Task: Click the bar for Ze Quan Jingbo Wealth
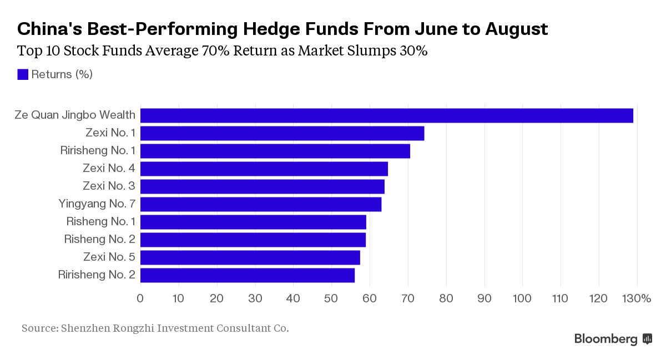point(386,115)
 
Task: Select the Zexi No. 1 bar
point(282,133)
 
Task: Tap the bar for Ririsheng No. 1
point(275,151)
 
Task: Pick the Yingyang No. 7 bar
point(260,204)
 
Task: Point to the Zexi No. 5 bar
point(250,257)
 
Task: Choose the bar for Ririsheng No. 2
point(247,275)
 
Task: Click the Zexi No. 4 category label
point(109,168)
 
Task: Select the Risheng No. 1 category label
point(100,221)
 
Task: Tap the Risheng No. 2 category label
point(99,239)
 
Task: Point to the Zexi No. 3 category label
point(109,186)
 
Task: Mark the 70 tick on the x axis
point(408,298)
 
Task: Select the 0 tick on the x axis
point(140,298)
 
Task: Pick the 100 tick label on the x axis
point(522,298)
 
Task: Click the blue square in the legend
point(23,74)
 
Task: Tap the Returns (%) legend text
point(62,74)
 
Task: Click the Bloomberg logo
point(613,339)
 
